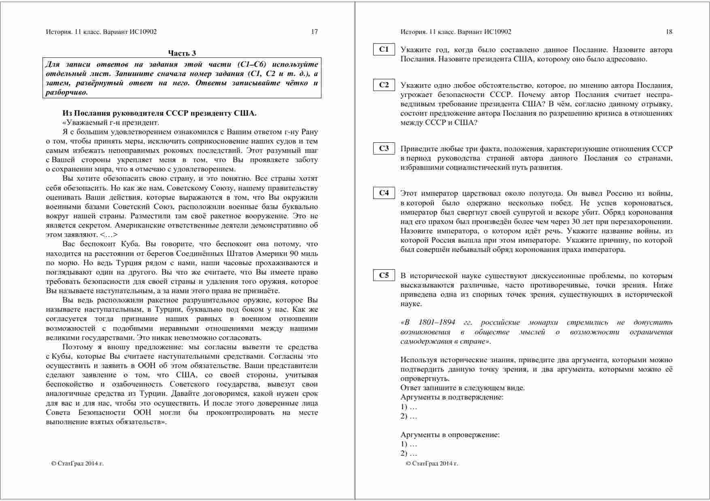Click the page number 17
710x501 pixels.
pyautogui.click(x=314, y=32)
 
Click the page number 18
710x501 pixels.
pyautogui.click(x=669, y=32)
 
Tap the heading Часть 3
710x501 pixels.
pyautogui.click(x=182, y=53)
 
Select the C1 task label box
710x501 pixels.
pyautogui.click(x=384, y=50)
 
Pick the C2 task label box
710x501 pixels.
pyautogui.click(x=384, y=85)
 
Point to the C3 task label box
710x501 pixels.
pyautogui.click(x=384, y=148)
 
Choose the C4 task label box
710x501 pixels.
pyautogui.click(x=384, y=193)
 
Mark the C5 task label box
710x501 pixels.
pyautogui.click(x=384, y=275)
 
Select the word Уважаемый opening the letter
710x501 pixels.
pyautogui.click(x=83, y=123)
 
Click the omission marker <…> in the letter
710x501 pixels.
pyautogui.click(x=109, y=235)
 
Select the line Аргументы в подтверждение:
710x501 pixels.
pyautogui.click(x=452, y=397)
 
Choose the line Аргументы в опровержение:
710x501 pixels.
pyautogui.click(x=450, y=435)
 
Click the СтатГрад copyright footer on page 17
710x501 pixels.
pyautogui.click(x=77, y=463)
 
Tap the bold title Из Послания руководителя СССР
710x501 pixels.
pyautogui.click(x=159, y=113)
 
